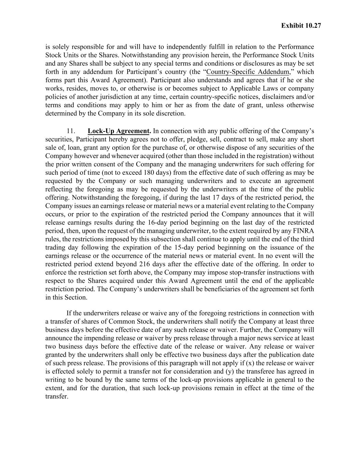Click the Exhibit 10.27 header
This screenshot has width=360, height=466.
(301, 26)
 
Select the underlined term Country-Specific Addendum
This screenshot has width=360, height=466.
(248, 72)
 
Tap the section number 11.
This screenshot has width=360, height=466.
(71, 131)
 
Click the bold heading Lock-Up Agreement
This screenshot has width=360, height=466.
(119, 131)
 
